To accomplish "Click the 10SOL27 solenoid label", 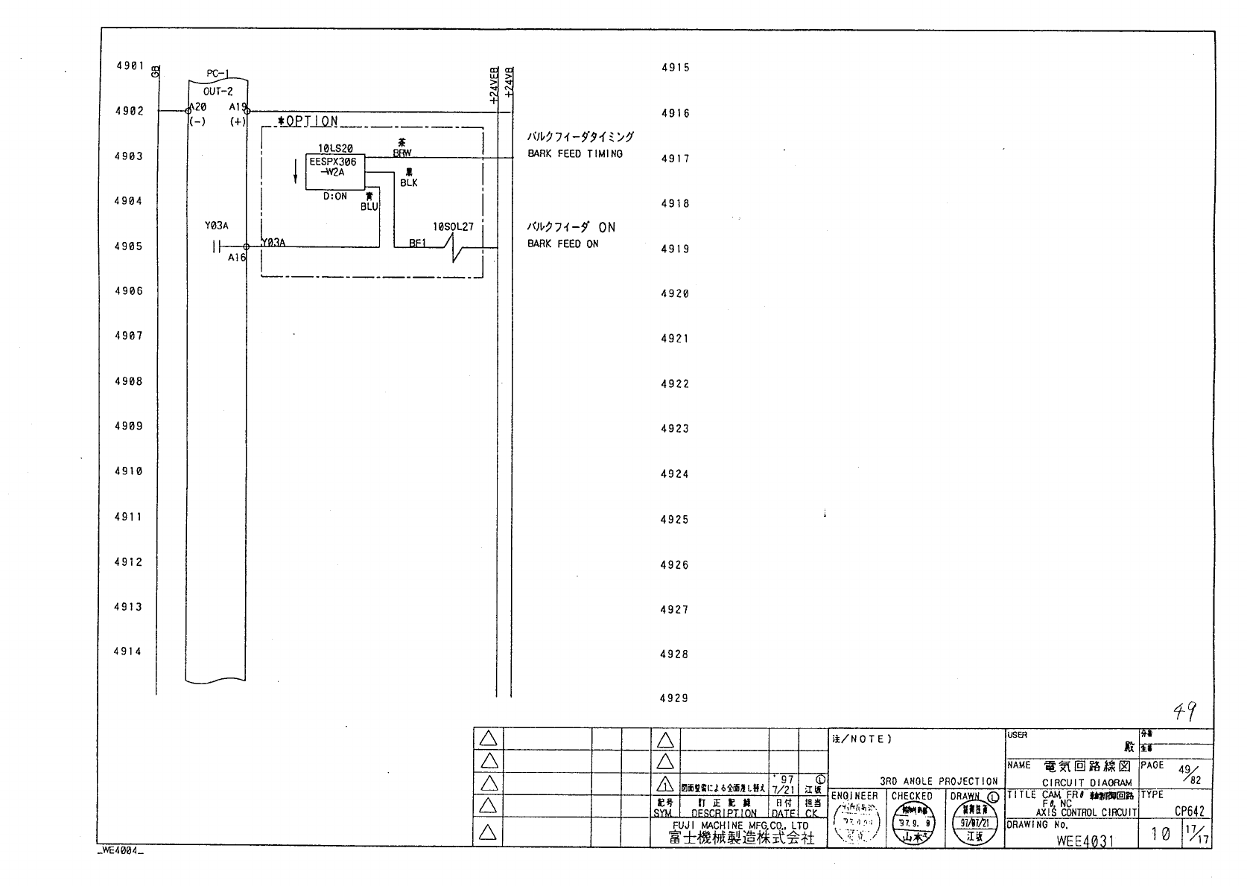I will (453, 227).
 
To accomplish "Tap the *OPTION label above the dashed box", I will (308, 121).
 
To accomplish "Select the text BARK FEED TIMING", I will (575, 154).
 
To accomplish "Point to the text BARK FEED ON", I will (563, 244).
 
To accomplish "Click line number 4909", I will (128, 427).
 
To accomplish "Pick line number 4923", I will (675, 429).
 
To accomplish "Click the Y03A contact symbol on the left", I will (217, 246).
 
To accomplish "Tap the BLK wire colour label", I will (409, 183).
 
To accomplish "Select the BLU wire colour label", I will (369, 207).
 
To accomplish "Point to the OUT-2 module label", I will (218, 92).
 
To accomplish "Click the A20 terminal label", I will (198, 107).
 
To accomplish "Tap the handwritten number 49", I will (1185, 713).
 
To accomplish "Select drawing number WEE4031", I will (1085, 841).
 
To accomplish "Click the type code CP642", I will (1190, 812).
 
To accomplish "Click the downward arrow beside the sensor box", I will (296, 172).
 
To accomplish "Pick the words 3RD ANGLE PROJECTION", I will (939, 781).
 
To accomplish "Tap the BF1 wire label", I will (417, 243).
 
